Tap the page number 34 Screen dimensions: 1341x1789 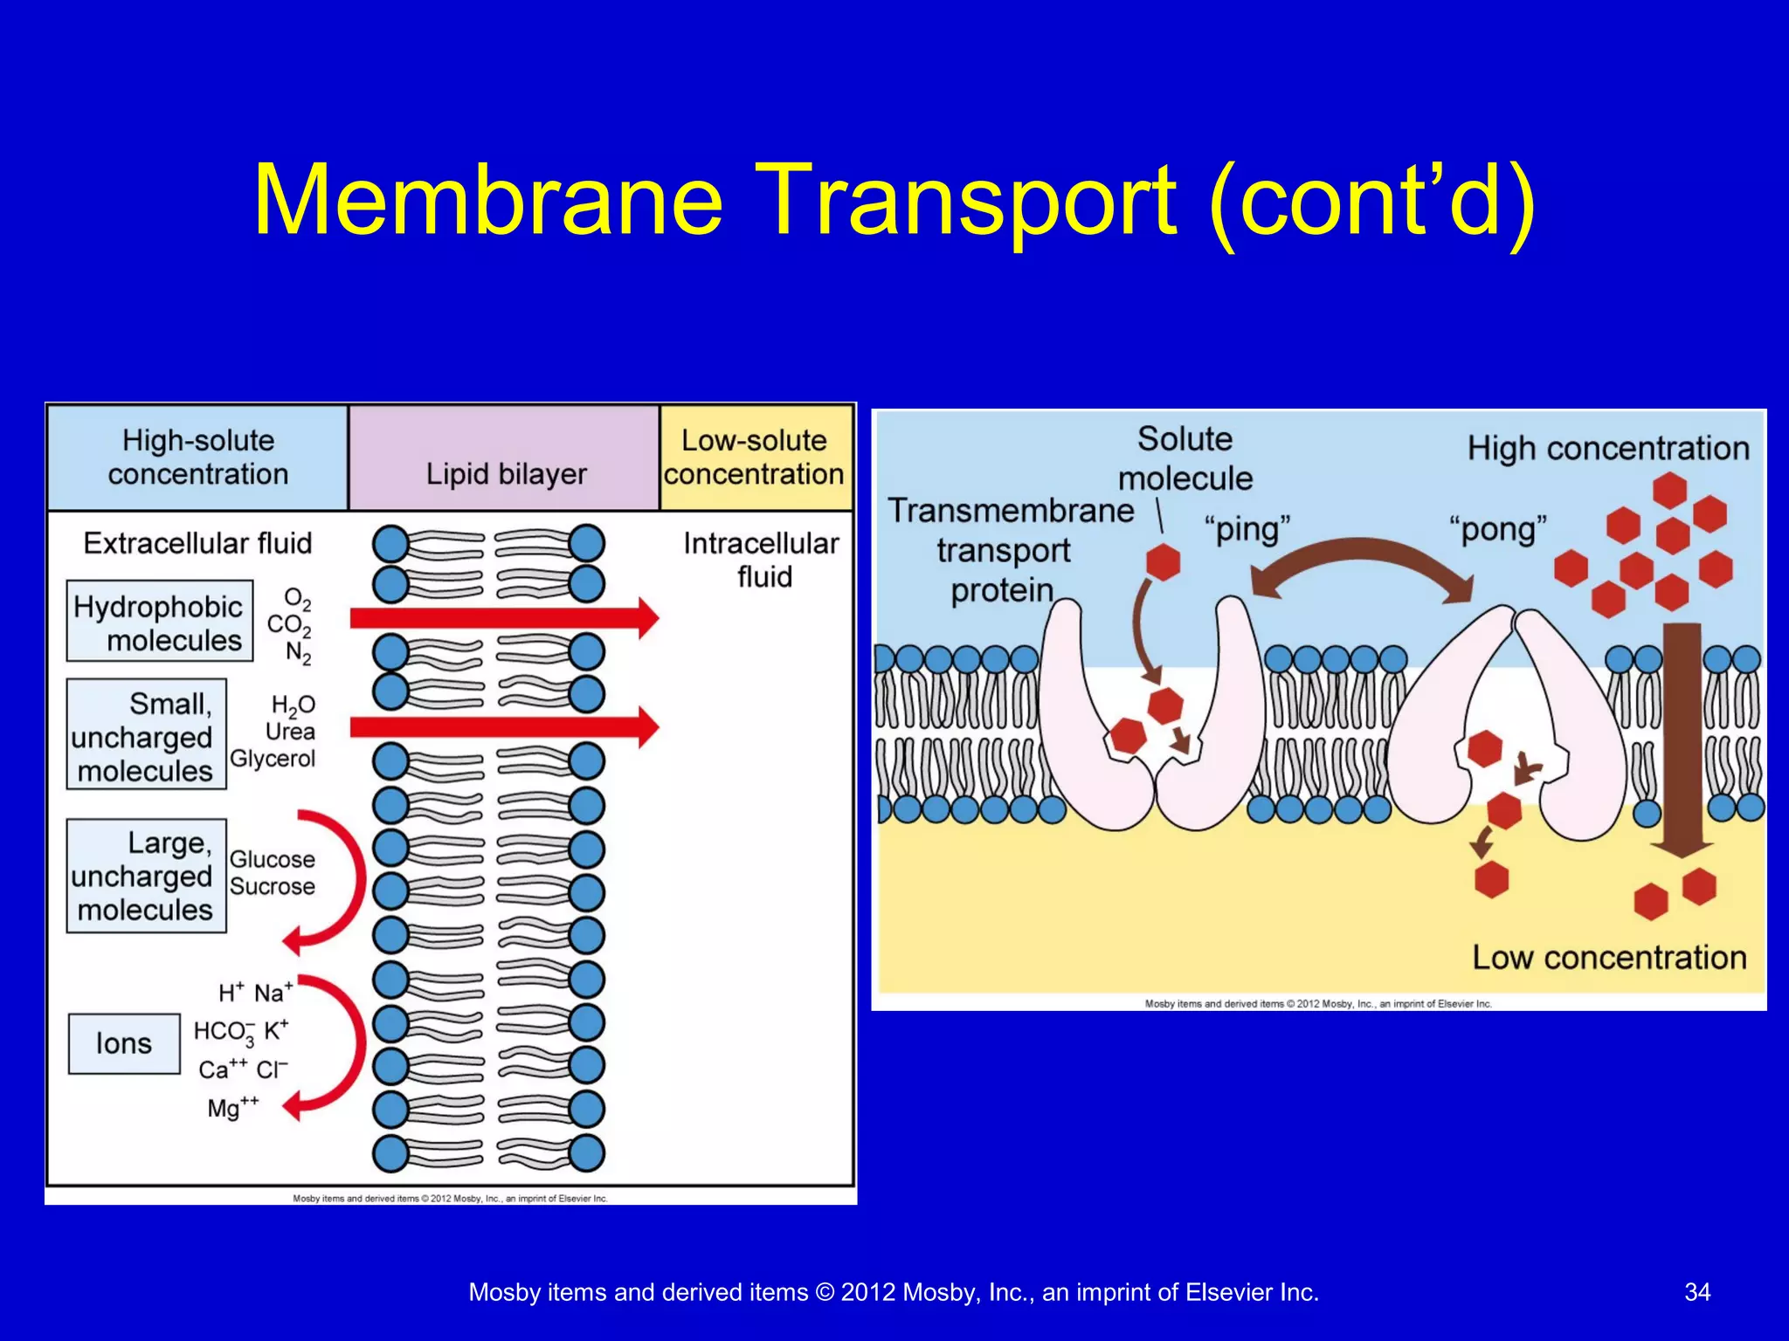coord(1696,1292)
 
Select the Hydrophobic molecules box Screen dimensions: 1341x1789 coord(160,622)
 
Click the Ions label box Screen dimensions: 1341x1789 coord(124,1043)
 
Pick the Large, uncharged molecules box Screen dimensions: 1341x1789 coord(146,876)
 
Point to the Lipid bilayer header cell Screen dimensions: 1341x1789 coord(505,458)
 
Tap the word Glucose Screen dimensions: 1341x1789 coord(272,859)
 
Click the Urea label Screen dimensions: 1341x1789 coord(290,732)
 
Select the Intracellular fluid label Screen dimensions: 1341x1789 coord(762,560)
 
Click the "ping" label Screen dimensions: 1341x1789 coord(1247,529)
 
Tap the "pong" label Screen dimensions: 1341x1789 coord(1497,529)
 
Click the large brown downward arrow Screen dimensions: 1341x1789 coord(1682,742)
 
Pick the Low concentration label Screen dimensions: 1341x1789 coord(1609,958)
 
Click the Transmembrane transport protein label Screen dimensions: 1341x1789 coord(1009,551)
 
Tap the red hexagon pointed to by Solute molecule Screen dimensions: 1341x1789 coord(1163,562)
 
